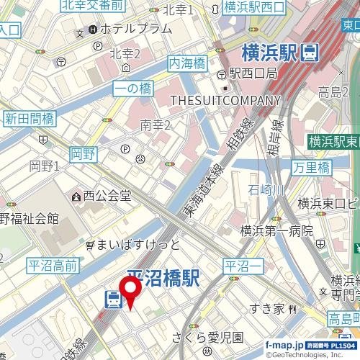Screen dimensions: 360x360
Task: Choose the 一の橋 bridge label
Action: [x=132, y=89]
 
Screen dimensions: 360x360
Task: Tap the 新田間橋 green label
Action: [x=29, y=118]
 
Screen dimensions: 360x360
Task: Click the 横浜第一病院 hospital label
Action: [x=276, y=230]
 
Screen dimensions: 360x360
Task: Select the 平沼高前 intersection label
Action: [x=53, y=266]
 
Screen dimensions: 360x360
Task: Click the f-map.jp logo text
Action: [x=284, y=345]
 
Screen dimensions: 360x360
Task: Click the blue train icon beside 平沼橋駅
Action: [x=112, y=299]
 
